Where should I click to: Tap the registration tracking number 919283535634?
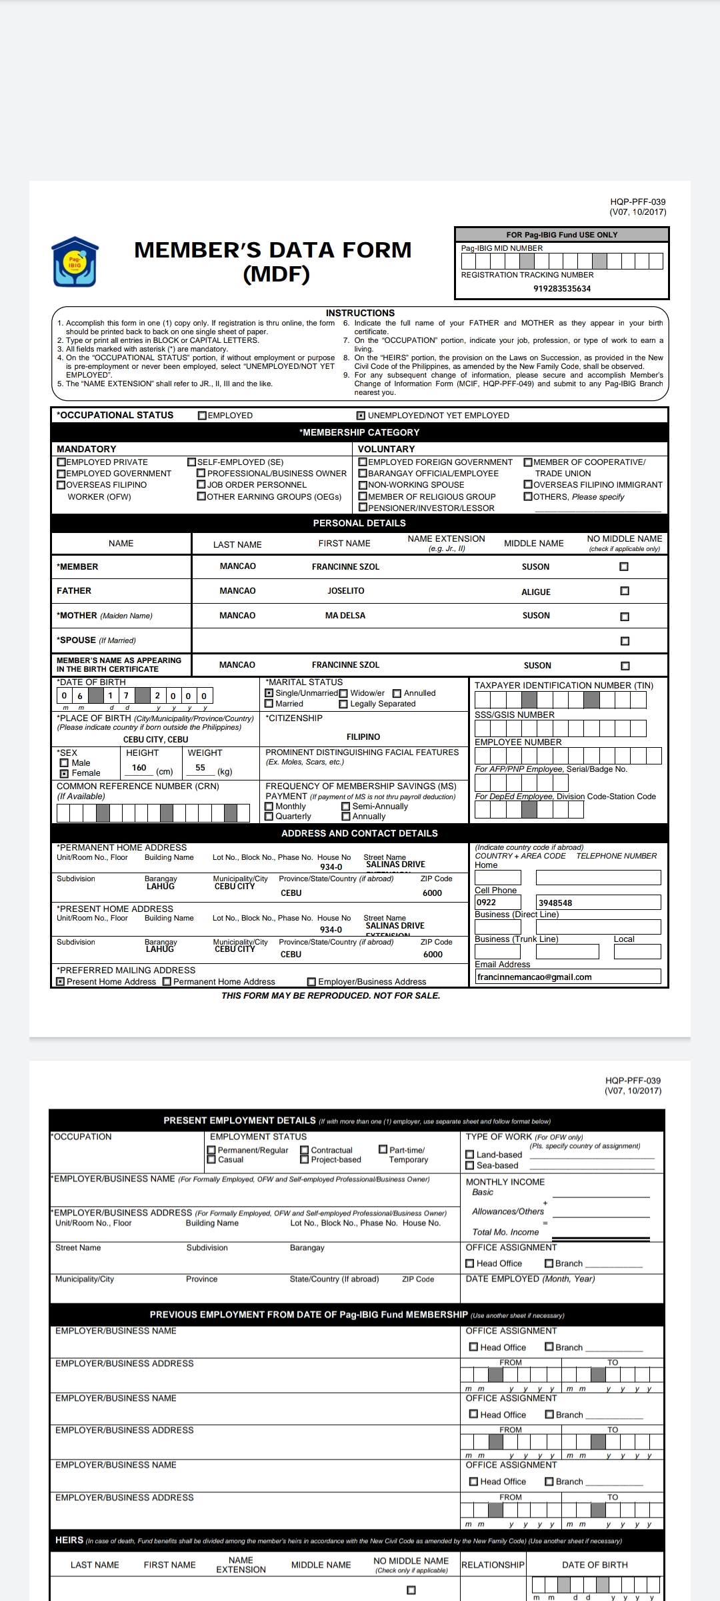pos(562,289)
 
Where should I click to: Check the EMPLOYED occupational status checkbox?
pos(203,416)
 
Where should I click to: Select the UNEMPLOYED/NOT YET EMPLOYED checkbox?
pos(361,416)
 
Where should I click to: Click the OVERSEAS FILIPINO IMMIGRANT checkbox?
pos(528,485)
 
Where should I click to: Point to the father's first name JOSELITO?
pos(345,591)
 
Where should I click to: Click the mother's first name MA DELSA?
pos(345,616)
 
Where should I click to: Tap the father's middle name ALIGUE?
pos(536,592)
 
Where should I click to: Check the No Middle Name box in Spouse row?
pos(625,641)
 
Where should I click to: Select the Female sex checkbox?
pos(65,774)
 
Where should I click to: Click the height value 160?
pos(139,768)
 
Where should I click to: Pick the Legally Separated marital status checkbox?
pos(344,704)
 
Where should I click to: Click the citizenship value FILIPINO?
pos(363,737)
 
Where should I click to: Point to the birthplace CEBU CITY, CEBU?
pos(155,740)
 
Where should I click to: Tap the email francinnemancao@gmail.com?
pos(535,977)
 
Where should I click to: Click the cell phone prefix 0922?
pos(486,903)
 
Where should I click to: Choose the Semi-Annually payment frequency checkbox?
pos(346,807)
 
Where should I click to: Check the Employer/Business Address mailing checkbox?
pos(311,982)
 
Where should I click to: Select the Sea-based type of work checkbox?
pos(470,1165)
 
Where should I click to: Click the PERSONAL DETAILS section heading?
pos(359,523)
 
